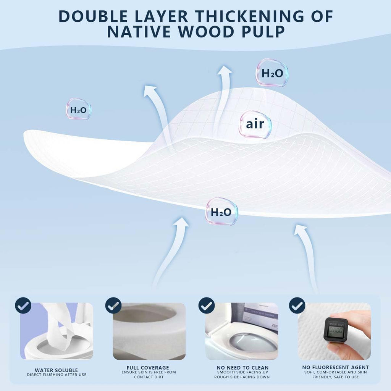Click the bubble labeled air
(x=255, y=124)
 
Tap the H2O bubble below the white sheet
(x=221, y=212)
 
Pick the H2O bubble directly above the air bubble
(x=272, y=73)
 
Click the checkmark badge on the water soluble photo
(x=23, y=305)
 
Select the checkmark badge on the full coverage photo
(x=113, y=305)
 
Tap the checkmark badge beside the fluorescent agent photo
(x=297, y=305)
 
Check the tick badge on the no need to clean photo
(x=207, y=305)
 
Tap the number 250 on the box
(x=273, y=327)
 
